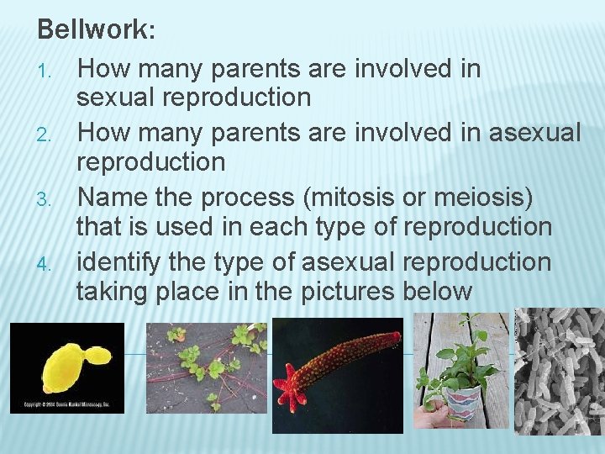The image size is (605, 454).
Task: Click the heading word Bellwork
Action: [x=92, y=30]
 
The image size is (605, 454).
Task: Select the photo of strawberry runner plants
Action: [x=206, y=367]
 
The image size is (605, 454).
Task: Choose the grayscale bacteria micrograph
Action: [x=559, y=370]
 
